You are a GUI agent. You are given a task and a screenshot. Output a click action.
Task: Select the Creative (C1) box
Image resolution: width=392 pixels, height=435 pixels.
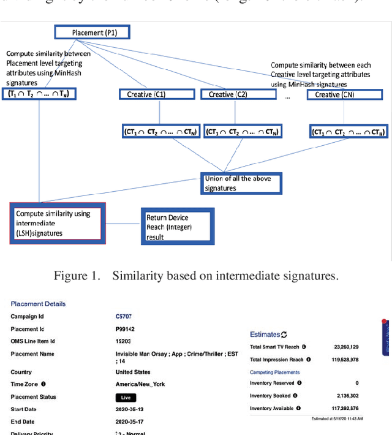[x=146, y=94]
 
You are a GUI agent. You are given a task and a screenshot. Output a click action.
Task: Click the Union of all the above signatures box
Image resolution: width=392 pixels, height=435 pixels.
[x=242, y=183]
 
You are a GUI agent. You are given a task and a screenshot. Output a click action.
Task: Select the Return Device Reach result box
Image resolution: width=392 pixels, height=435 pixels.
[x=178, y=227]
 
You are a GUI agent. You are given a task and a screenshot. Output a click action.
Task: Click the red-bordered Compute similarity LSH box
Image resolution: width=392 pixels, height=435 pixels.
[x=57, y=223]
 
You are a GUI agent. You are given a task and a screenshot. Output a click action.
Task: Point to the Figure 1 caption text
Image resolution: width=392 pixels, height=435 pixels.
[x=195, y=276]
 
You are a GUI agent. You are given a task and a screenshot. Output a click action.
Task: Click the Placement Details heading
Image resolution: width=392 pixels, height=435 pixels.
[x=38, y=304]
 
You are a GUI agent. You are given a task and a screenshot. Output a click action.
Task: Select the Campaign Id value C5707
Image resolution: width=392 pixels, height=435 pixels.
[x=124, y=317]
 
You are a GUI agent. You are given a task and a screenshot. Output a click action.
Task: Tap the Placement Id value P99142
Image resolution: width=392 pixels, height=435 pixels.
[x=125, y=329]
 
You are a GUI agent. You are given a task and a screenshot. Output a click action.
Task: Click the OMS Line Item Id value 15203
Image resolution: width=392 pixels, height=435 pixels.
[x=124, y=341]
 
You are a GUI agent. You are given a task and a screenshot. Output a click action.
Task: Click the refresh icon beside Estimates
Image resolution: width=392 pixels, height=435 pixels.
[x=284, y=335]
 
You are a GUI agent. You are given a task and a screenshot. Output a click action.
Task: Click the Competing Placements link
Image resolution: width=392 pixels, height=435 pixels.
[x=275, y=372]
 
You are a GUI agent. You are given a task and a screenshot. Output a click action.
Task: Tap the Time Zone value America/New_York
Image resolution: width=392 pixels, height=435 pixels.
[x=140, y=384]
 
